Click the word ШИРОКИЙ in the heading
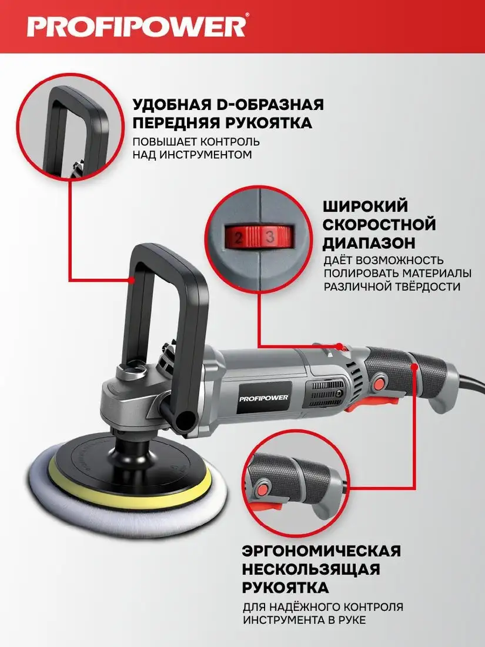(365, 206)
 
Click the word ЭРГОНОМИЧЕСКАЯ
(322, 551)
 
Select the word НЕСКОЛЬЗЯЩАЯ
(310, 569)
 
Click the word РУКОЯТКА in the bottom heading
(285, 588)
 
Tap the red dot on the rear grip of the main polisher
(416, 366)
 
